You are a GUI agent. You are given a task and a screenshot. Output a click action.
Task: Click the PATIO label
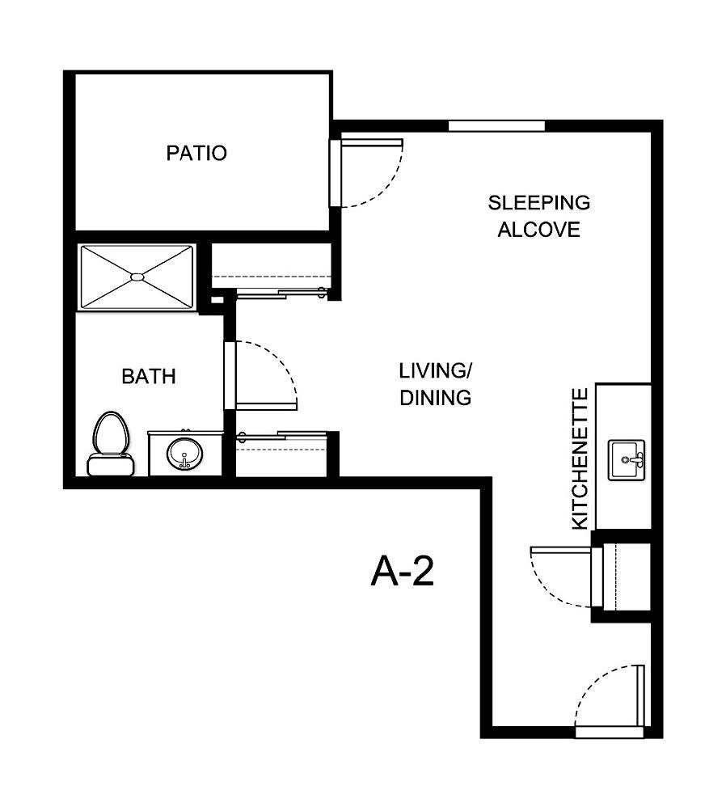point(196,153)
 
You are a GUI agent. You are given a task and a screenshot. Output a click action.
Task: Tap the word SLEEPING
point(538,202)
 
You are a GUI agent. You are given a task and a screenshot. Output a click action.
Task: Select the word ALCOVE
point(538,230)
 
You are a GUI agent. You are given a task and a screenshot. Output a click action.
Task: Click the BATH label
point(148,376)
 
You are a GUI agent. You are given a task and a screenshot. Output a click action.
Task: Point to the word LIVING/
point(435,371)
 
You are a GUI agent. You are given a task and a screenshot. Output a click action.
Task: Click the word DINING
point(435,398)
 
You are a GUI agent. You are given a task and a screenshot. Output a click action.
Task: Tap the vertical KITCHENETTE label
point(579,458)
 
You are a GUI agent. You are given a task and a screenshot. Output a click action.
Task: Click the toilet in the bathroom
point(111,443)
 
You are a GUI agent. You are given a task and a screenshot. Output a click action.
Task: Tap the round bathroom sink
point(184,455)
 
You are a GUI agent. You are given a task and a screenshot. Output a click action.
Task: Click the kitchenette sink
point(627,460)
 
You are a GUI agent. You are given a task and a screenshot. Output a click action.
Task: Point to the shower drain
point(137,277)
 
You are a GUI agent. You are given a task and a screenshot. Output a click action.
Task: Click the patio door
point(336,173)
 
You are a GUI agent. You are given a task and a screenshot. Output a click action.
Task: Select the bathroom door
point(230,375)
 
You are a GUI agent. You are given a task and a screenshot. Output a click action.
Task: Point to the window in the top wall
point(496,125)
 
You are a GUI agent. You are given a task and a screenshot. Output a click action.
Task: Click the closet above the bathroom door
point(272,265)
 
